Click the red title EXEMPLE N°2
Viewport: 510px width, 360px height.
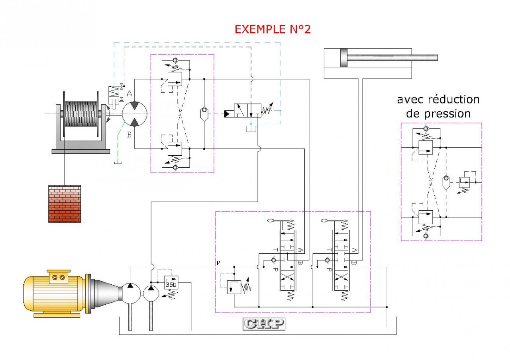coord(273,29)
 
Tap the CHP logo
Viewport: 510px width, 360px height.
coord(264,324)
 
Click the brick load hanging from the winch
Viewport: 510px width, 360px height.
coord(65,203)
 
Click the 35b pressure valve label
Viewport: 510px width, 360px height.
coord(171,284)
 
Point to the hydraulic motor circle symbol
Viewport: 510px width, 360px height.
coord(135,114)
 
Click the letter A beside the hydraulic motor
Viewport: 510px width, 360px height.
coord(129,93)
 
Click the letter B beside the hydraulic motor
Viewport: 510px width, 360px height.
coord(129,135)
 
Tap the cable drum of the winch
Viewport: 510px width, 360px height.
coord(81,114)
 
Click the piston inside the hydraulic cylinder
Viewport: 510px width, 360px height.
coord(344,58)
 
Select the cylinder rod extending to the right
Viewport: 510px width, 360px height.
coord(392,58)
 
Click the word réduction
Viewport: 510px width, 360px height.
coord(454,100)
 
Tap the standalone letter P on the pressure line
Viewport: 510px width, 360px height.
coord(219,263)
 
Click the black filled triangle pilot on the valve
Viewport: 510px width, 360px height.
coord(227,114)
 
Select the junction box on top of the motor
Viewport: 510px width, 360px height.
coord(59,277)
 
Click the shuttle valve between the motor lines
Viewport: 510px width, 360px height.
coord(204,114)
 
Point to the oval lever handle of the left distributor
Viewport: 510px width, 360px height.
coord(271,221)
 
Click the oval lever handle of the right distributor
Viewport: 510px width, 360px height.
coord(325,221)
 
